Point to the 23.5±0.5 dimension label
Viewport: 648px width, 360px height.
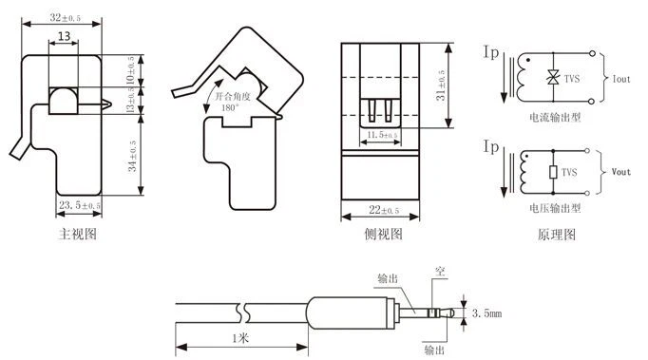(x=80, y=205)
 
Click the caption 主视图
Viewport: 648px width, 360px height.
(x=78, y=233)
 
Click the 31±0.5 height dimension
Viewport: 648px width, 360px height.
(x=441, y=87)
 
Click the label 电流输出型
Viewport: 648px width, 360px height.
(x=555, y=118)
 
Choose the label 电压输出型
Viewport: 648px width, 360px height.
(x=555, y=205)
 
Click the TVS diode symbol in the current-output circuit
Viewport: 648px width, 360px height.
(x=552, y=77)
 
